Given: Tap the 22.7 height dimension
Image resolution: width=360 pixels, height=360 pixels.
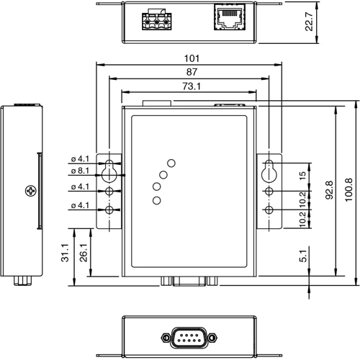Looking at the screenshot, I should pos(308,24).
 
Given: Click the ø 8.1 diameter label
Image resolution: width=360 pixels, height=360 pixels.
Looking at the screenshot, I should pos(80,171).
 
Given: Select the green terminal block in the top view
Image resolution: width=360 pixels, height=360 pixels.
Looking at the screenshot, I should pos(158,20).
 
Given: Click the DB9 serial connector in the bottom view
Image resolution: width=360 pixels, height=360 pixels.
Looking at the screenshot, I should pos(188,336).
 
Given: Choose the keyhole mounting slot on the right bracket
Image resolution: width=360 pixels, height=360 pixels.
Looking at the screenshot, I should pos(269,170).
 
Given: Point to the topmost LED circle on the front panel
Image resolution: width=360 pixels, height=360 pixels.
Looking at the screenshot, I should pos(171,163).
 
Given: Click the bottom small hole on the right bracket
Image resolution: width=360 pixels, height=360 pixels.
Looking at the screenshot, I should pos(269,210).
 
